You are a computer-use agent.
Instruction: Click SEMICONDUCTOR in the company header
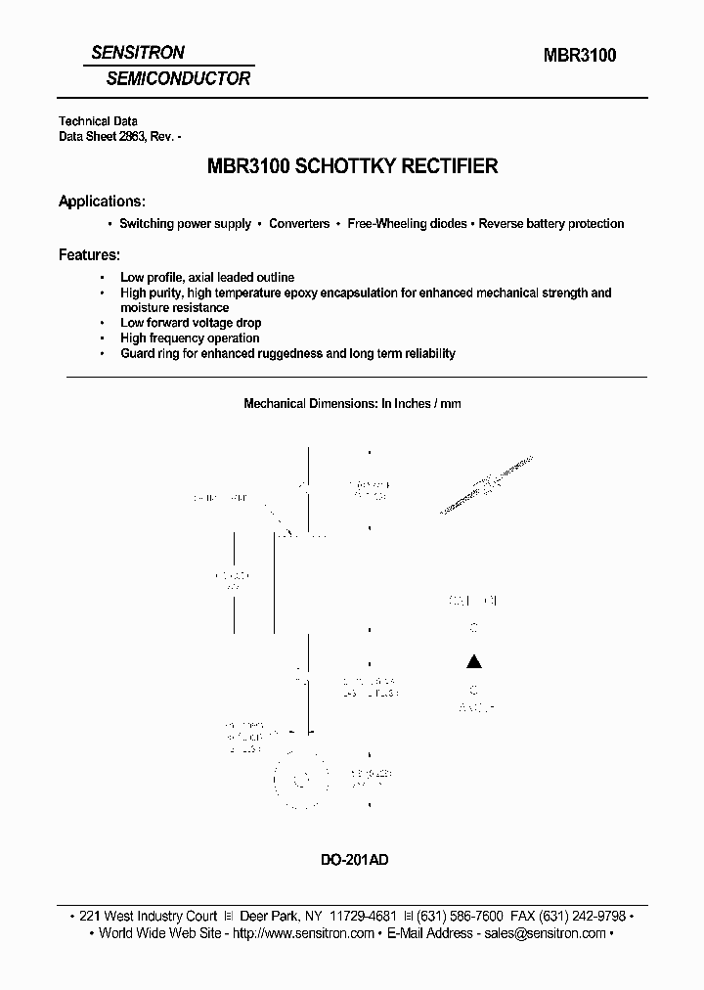click(x=178, y=78)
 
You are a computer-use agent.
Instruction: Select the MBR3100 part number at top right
click(x=580, y=56)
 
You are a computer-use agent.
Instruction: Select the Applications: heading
click(x=103, y=202)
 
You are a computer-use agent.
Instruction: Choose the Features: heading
click(x=89, y=254)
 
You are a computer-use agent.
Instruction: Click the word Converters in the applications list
click(x=299, y=224)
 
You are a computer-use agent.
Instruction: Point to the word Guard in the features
click(x=137, y=353)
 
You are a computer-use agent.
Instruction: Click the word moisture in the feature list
click(x=147, y=308)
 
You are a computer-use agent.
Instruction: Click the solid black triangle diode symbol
click(x=473, y=660)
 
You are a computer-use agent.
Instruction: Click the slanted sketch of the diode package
click(x=487, y=484)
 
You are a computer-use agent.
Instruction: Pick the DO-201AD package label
click(x=354, y=860)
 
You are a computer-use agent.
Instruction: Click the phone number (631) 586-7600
click(x=460, y=916)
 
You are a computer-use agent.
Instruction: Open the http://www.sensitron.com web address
click(x=302, y=933)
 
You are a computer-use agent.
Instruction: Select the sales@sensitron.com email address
click(x=543, y=933)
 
